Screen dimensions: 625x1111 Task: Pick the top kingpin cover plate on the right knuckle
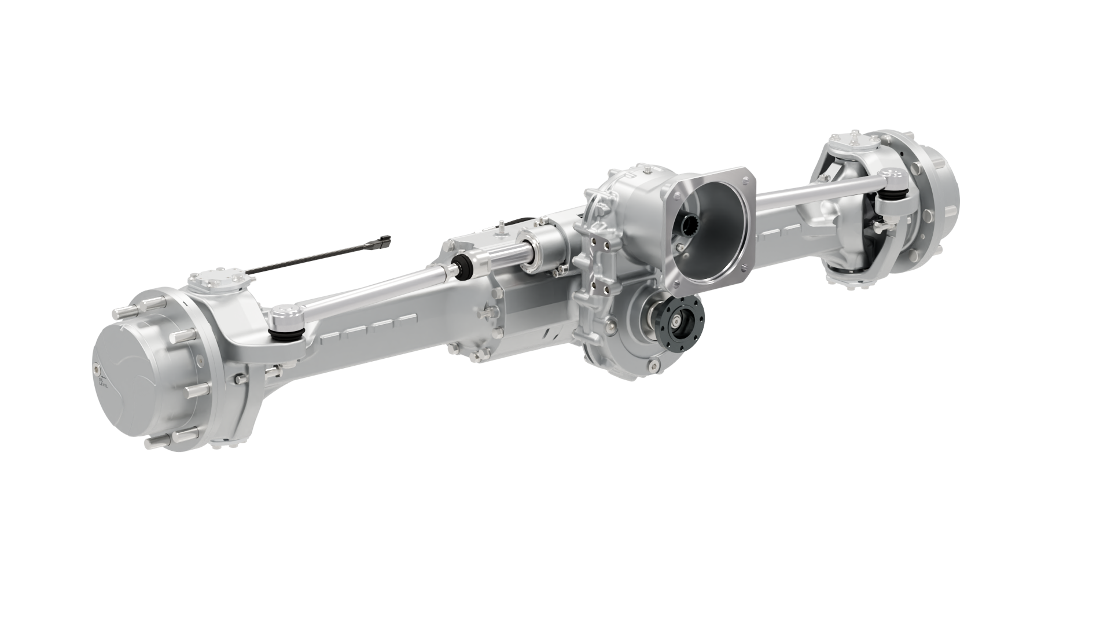tap(853, 142)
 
